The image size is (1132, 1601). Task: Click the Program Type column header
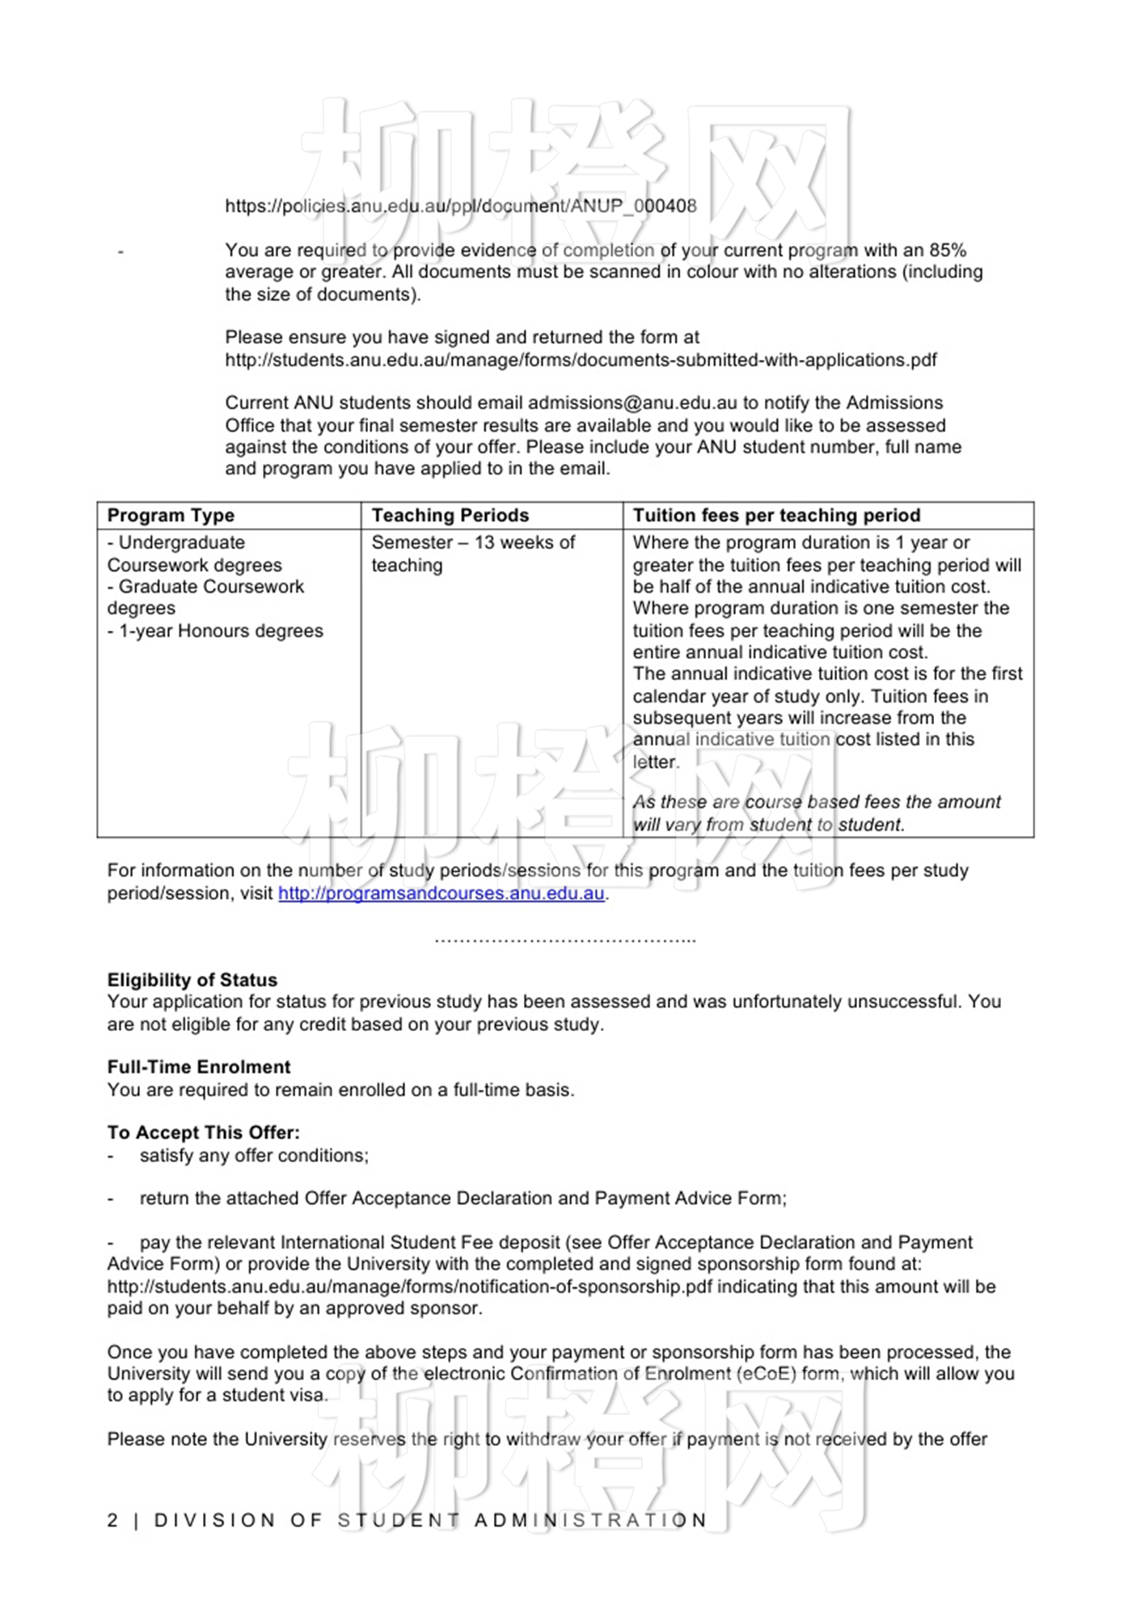tap(171, 515)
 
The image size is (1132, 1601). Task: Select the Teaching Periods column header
tap(450, 515)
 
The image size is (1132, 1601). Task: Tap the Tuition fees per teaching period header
tap(776, 515)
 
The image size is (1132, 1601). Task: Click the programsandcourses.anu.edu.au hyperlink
tap(441, 893)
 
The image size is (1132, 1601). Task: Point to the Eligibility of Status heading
tap(192, 980)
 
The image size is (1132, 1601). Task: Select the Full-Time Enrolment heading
tap(199, 1067)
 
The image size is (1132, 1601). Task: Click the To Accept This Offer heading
tap(204, 1133)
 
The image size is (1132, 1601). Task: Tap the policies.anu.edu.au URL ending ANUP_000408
tap(461, 206)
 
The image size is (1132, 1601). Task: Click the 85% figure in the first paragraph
tap(948, 251)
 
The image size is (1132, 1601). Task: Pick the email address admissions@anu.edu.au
tap(632, 403)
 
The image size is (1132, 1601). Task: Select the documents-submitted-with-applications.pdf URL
tap(581, 360)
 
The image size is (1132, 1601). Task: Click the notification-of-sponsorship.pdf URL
tap(410, 1286)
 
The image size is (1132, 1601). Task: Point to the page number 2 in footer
tap(112, 1520)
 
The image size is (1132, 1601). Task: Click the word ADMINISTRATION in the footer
tap(590, 1520)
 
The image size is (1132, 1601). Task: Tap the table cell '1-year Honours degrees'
tap(220, 631)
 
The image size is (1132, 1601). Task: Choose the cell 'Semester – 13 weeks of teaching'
tap(473, 553)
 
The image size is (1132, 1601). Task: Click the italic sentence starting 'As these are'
tap(817, 813)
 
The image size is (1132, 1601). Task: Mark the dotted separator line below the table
tap(565, 940)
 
